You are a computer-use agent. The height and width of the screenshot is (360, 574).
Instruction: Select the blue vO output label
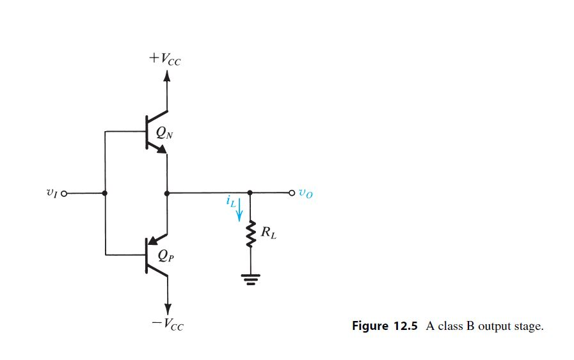click(306, 194)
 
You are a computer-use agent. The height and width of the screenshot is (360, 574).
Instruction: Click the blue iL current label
click(230, 202)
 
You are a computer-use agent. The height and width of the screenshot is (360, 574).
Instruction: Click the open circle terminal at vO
click(292, 192)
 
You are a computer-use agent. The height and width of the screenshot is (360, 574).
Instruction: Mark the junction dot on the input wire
click(104, 192)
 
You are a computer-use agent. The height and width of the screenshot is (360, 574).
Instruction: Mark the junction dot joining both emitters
click(167, 192)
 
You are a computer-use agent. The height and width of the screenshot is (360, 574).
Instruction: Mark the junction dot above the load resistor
click(250, 192)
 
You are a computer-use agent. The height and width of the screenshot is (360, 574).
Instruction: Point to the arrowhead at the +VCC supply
click(167, 76)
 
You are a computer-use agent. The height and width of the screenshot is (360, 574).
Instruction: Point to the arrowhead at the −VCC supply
click(167, 309)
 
